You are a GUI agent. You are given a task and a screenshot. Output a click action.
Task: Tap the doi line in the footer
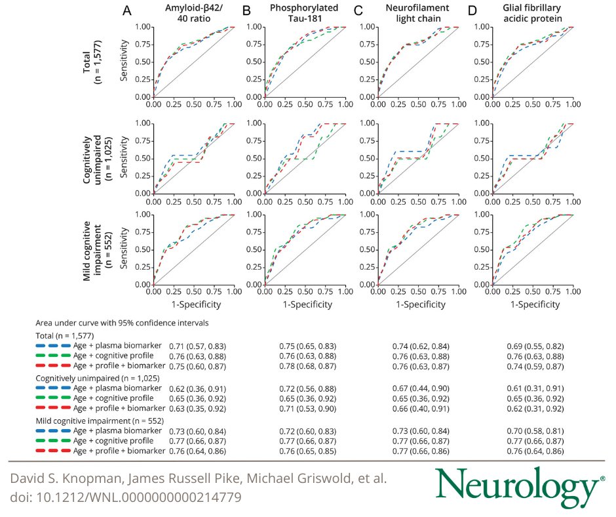click(126, 498)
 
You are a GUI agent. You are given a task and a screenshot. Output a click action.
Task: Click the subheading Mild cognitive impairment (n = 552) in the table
click(98, 420)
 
